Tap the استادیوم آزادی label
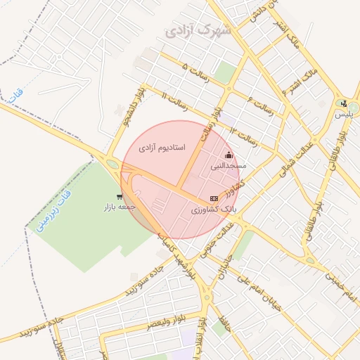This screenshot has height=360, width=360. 161,148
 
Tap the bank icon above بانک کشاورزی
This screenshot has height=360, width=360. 214,199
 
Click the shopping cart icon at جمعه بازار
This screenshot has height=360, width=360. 120,197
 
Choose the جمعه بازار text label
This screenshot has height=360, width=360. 119,207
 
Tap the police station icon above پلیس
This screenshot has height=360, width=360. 343,103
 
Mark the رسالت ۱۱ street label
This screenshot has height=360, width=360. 174,99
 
